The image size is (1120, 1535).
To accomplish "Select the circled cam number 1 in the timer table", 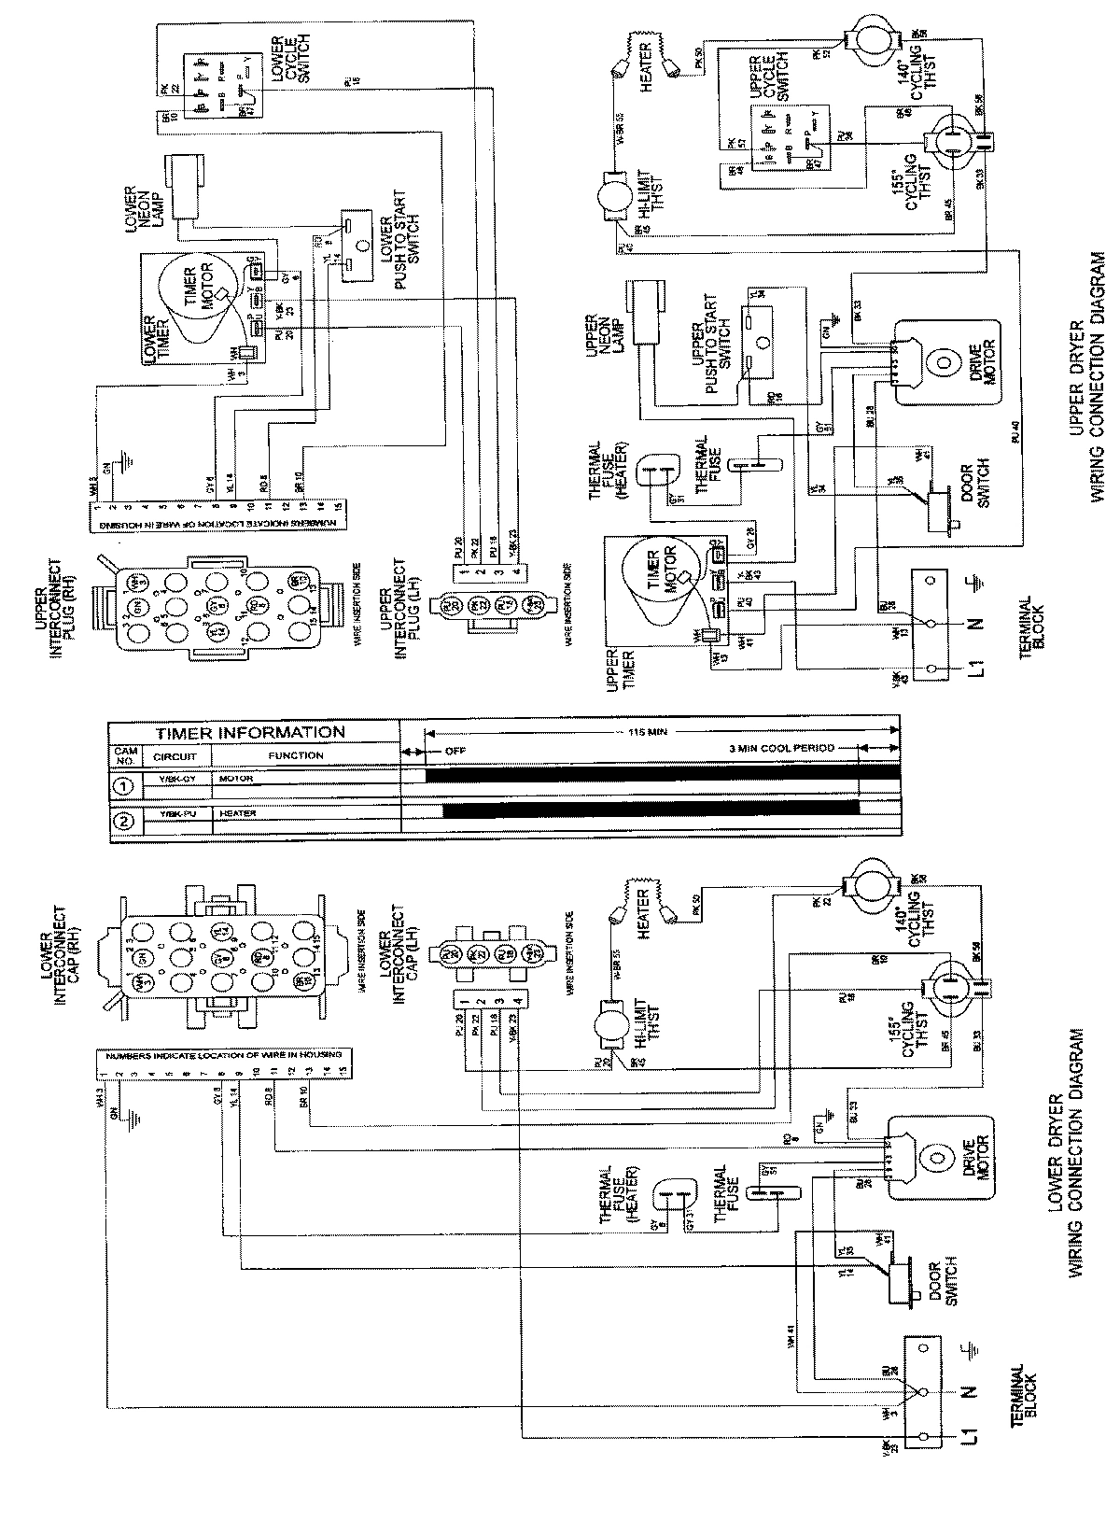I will (126, 784).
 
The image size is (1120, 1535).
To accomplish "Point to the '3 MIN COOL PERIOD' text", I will (782, 749).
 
